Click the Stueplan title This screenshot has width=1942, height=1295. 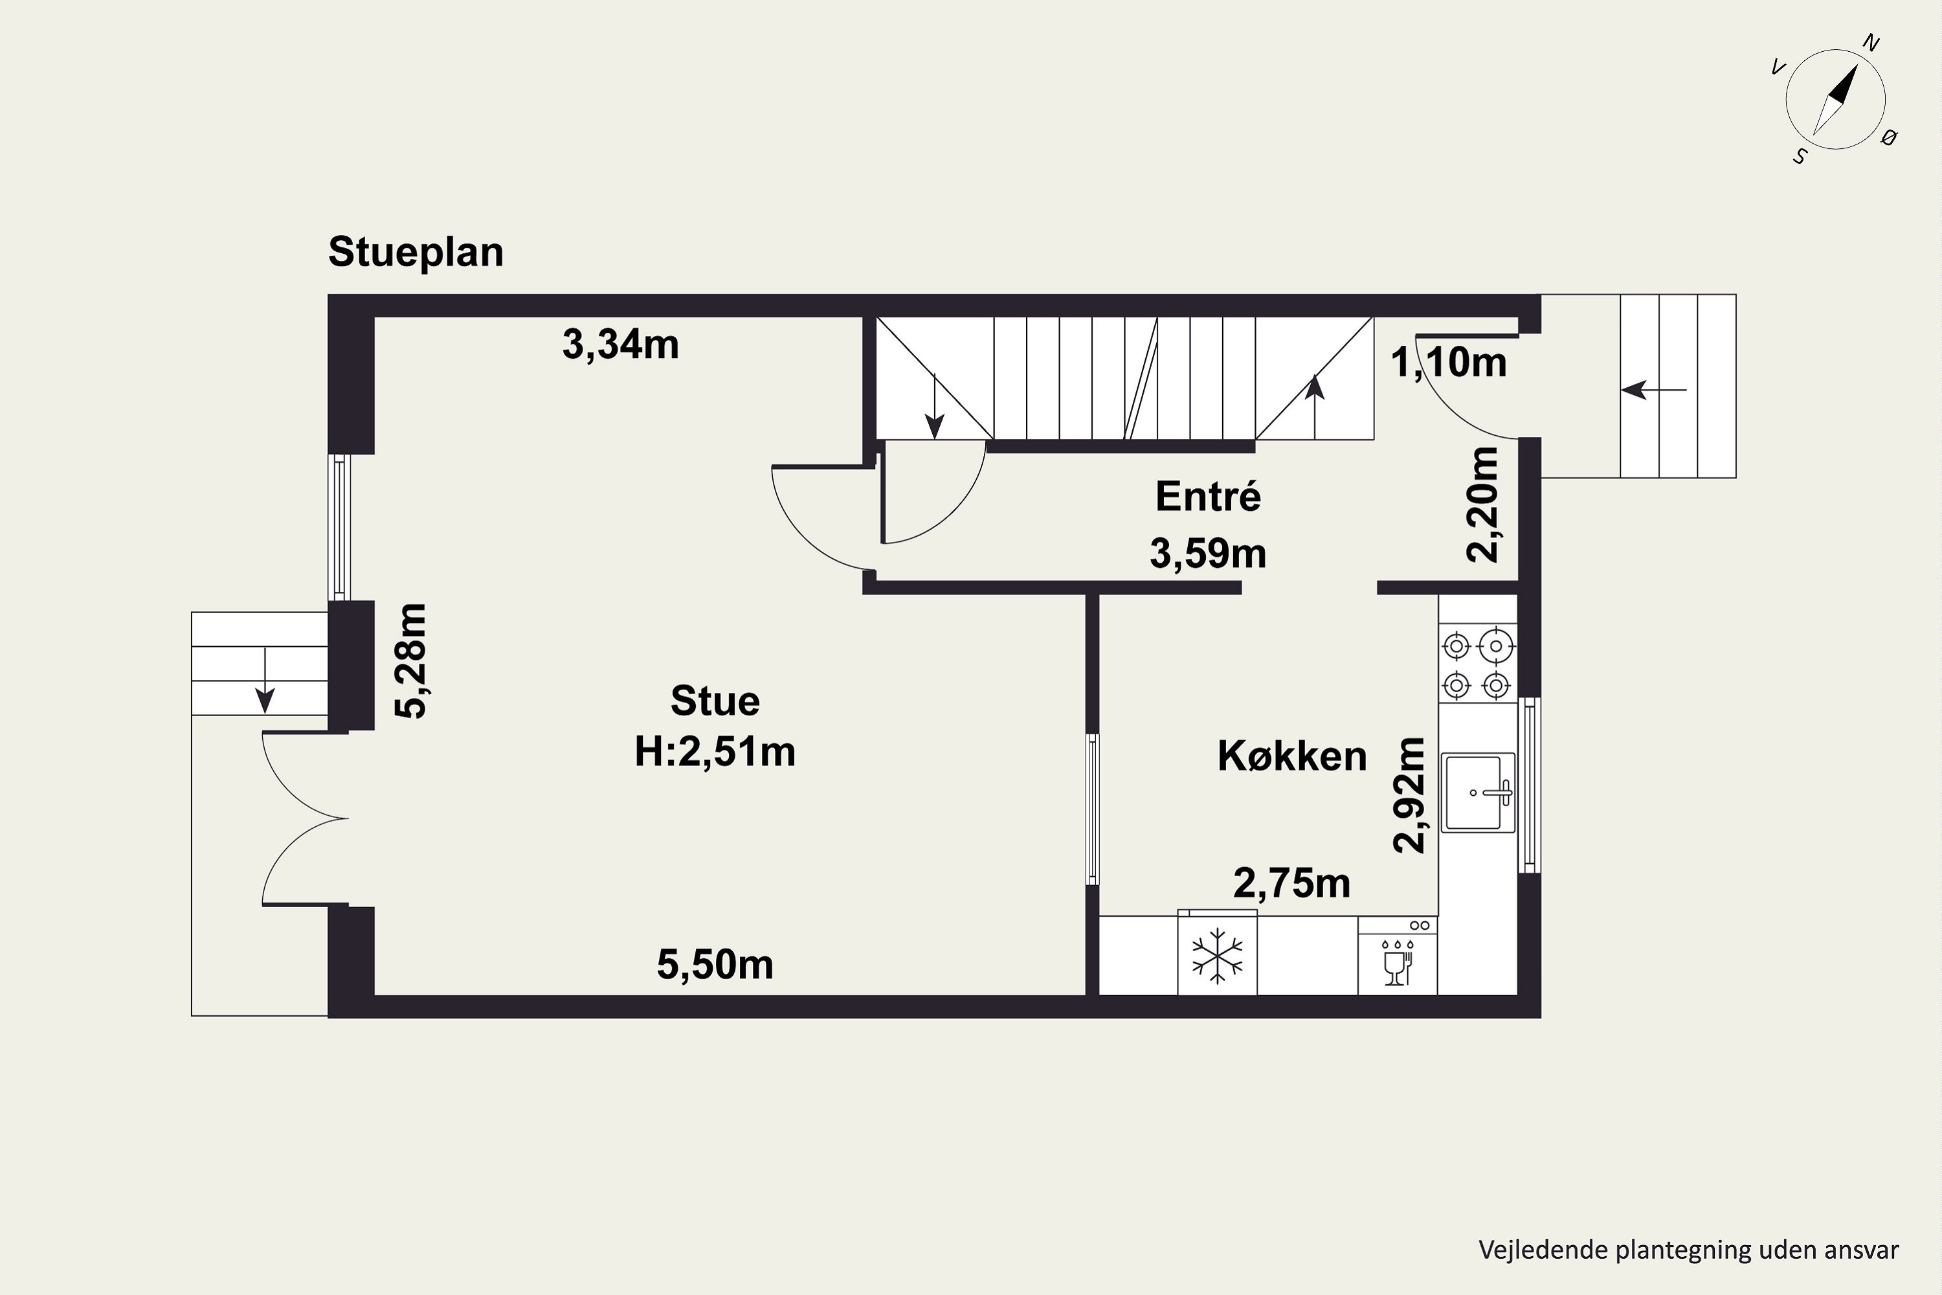point(416,253)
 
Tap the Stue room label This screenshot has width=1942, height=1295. point(715,701)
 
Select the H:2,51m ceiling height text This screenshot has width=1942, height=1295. point(715,752)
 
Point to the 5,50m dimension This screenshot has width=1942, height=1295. point(715,965)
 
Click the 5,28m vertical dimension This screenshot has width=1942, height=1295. point(411,662)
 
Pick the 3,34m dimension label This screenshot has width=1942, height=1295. point(621,344)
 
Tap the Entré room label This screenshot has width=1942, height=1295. point(1208,497)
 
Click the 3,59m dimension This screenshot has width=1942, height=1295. point(1208,554)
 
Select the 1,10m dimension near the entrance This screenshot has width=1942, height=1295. point(1449,363)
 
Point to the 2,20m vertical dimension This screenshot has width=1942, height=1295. point(1482,504)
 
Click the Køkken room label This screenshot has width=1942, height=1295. point(1292,756)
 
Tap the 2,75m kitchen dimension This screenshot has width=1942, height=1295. point(1292,884)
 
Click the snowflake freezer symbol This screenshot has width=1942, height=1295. point(1217,956)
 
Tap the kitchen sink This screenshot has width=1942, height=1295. point(1478,793)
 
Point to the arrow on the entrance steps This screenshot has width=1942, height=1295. point(1654,390)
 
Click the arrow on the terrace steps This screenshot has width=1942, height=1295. point(265,681)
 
